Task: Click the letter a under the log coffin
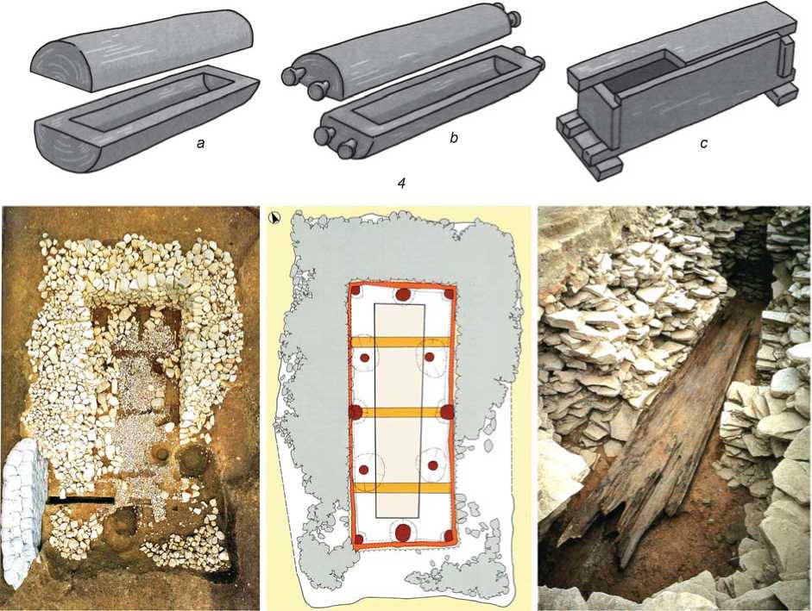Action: click(x=200, y=143)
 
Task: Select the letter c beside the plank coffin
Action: click(x=703, y=143)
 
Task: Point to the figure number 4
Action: click(x=400, y=183)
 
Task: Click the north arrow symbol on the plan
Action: click(x=274, y=218)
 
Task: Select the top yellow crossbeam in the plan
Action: click(x=400, y=342)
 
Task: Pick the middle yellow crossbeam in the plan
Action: click(x=400, y=412)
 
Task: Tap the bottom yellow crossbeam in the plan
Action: click(x=401, y=488)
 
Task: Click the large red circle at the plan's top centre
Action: click(x=403, y=296)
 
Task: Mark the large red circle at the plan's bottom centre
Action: click(x=403, y=532)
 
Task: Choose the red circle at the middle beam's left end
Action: click(x=356, y=412)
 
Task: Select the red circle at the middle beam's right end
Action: click(x=447, y=412)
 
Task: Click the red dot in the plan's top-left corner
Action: click(x=356, y=290)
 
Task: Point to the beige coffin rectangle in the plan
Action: click(x=400, y=411)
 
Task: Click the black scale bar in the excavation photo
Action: click(x=80, y=501)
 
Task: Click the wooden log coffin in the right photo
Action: click(x=660, y=429)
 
